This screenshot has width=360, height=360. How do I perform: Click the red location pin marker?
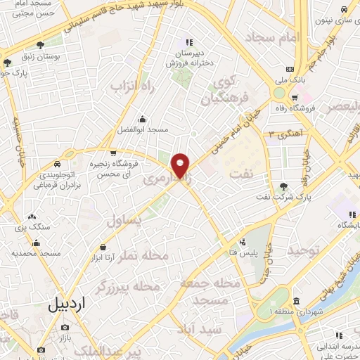[181, 165]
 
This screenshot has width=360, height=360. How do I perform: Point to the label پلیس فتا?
[245, 252]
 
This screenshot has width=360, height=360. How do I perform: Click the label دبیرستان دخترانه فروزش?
[188, 58]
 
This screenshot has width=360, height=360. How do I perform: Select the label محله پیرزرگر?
[133, 287]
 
